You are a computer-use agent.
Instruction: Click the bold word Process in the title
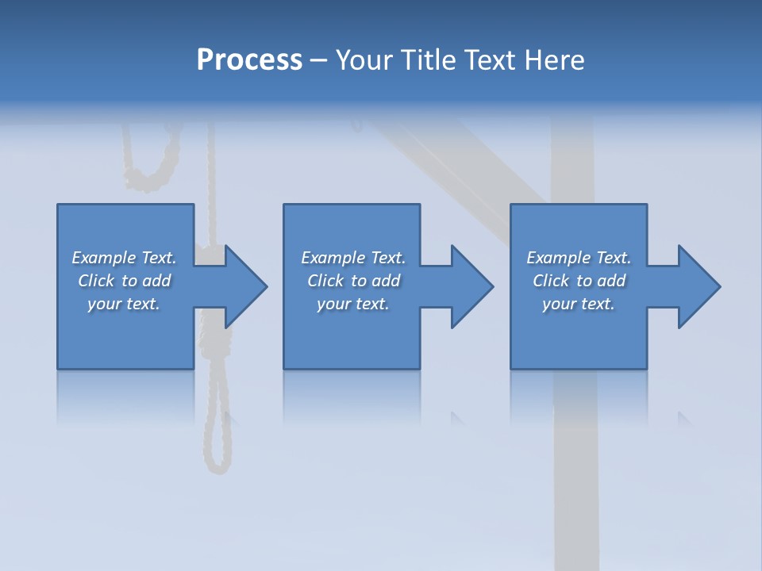249,60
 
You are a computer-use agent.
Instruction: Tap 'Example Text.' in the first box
124,258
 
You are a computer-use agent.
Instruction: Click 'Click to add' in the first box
124,281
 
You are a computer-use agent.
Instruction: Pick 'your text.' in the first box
124,304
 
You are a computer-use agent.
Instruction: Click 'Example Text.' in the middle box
353,258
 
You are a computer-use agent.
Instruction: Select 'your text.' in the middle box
353,304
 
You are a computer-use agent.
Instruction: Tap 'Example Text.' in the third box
579,258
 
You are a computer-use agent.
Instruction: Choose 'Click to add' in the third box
579,281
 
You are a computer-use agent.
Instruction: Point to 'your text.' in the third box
579,304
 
